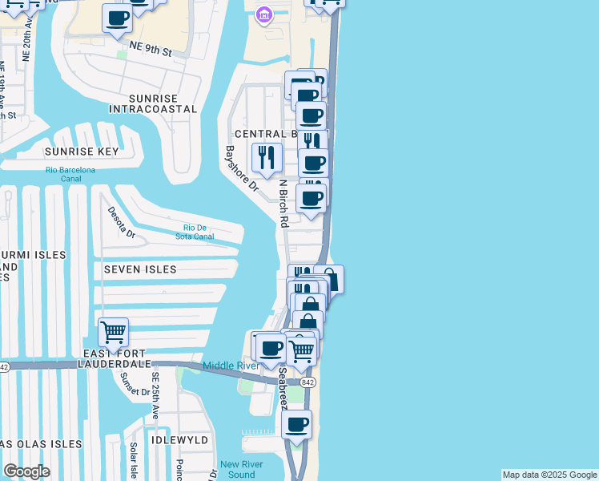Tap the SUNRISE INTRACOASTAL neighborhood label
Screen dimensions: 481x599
pyautogui.click(x=152, y=103)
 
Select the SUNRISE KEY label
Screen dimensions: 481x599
pyautogui.click(x=82, y=152)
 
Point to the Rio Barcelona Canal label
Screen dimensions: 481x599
pyautogui.click(x=70, y=174)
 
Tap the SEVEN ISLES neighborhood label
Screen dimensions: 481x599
pyautogui.click(x=140, y=270)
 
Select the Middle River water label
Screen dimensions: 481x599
pyautogui.click(x=231, y=366)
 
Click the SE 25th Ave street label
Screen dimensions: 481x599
pyautogui.click(x=155, y=396)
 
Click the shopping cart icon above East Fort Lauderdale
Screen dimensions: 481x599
pyautogui.click(x=114, y=330)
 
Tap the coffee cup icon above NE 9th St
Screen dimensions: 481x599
pyautogui.click(x=117, y=18)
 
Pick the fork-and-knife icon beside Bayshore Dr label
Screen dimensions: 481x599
pyautogui.click(x=266, y=156)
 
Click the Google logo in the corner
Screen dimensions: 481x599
pyautogui.click(x=26, y=471)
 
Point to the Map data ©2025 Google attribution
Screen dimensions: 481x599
pyautogui.click(x=549, y=475)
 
